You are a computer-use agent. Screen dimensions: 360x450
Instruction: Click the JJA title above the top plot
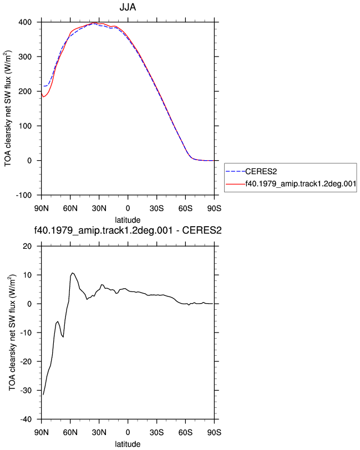[128, 7]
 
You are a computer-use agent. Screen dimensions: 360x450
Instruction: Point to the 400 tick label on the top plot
[25, 22]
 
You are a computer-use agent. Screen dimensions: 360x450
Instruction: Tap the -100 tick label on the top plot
[24, 196]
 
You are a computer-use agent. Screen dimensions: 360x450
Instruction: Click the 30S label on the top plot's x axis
[156, 208]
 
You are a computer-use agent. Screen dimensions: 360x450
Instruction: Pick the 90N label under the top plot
[42, 208]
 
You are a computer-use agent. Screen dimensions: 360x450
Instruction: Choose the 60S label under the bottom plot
[185, 432]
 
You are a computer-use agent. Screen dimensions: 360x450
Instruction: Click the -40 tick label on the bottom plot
[26, 420]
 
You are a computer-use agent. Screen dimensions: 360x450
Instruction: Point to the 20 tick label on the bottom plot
[27, 246]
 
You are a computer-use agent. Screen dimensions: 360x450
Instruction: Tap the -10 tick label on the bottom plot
[26, 333]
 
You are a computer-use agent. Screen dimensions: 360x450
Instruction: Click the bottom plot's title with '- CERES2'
[128, 231]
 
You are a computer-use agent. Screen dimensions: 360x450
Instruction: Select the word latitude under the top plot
[128, 220]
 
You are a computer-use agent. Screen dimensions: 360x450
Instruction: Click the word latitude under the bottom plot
[128, 444]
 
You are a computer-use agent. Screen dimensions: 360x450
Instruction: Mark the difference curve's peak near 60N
[73, 273]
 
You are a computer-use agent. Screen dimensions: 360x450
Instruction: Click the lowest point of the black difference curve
[43, 395]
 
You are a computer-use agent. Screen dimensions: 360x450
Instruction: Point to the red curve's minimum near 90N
[43, 97]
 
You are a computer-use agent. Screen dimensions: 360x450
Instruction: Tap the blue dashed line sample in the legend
[235, 172]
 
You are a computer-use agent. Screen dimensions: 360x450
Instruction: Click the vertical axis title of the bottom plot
[12, 332]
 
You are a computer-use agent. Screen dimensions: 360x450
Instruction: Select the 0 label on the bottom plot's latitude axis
[128, 432]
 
